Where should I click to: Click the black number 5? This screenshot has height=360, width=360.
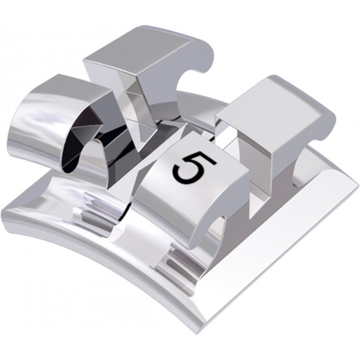188,166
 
